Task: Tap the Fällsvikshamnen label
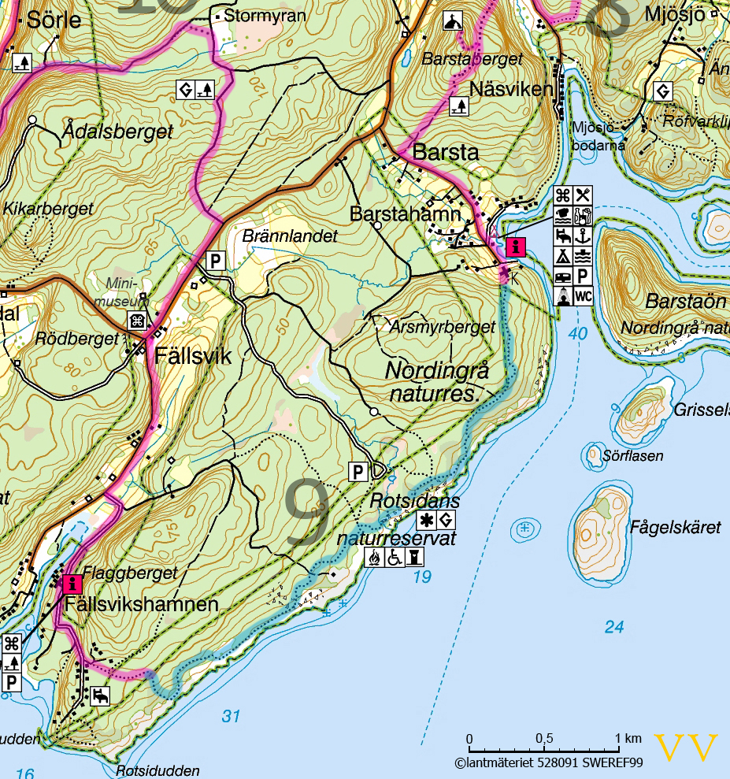[x=142, y=605]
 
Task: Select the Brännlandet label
[x=290, y=236]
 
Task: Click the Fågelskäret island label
[x=676, y=527]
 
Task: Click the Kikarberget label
[x=48, y=209]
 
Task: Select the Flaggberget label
[x=130, y=574]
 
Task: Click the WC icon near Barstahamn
[x=583, y=296]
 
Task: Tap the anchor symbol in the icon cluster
[x=583, y=235]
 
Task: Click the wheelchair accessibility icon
[x=395, y=557]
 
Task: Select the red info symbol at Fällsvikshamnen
[x=72, y=584]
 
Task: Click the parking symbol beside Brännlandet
[x=215, y=260]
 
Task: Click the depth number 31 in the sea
[x=230, y=716]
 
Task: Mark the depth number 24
[x=614, y=627]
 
